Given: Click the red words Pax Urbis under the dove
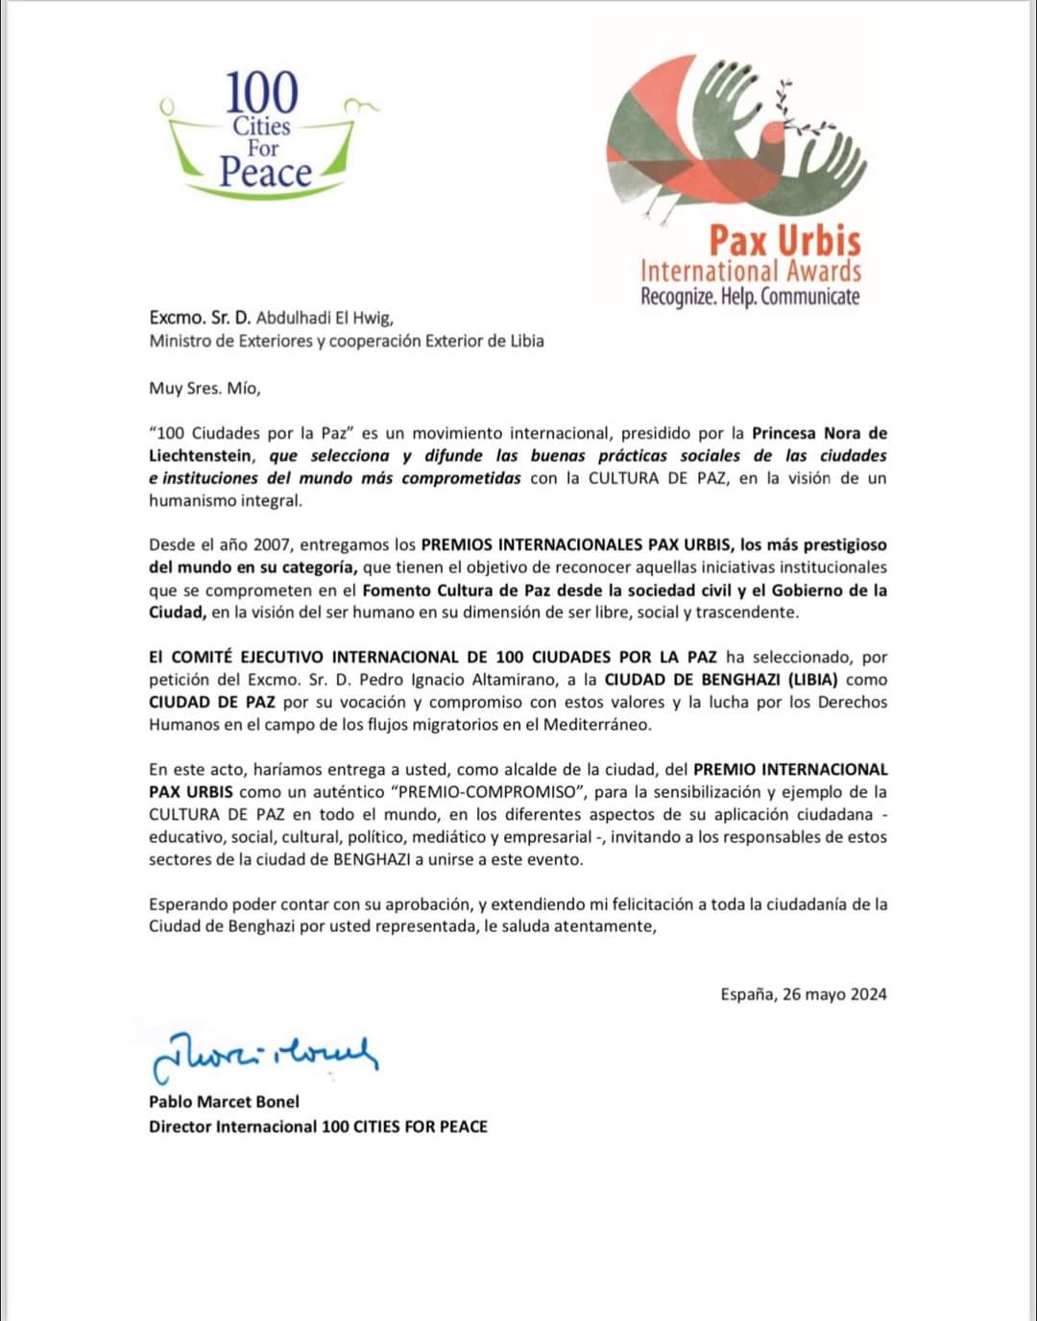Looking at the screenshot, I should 784,239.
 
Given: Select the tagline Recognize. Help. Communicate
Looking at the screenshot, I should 750,297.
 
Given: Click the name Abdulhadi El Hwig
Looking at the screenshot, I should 325,318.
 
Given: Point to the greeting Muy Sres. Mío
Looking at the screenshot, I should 205,389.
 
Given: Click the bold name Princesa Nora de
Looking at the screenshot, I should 819,433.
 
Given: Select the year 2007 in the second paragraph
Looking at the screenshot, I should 272,545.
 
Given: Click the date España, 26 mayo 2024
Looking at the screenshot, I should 804,995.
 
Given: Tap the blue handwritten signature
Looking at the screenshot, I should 264,1053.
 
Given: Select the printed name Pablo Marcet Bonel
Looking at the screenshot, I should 224,1102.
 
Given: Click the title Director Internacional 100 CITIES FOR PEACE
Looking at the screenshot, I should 318,1126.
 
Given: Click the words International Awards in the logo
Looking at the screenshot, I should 750,271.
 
